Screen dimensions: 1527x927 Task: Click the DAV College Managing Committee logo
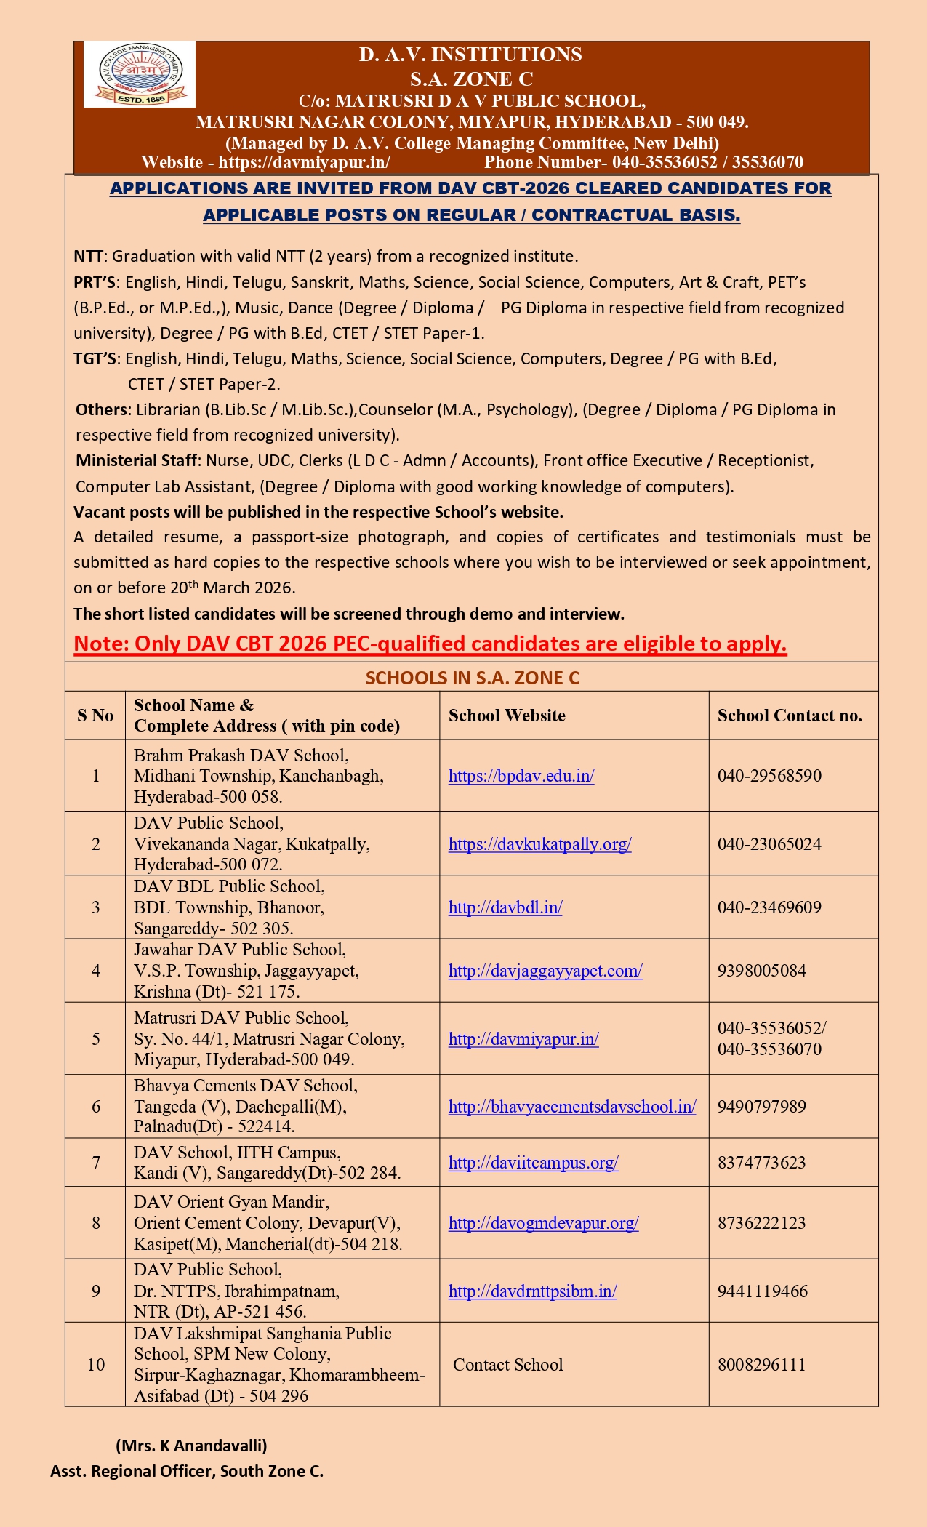(x=140, y=75)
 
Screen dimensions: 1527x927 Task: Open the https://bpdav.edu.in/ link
(x=521, y=776)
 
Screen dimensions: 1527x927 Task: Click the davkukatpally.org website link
(x=539, y=844)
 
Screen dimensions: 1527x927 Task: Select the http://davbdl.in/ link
(x=505, y=907)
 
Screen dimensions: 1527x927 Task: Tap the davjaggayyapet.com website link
(x=545, y=971)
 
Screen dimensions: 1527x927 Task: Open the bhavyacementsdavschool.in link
(x=572, y=1107)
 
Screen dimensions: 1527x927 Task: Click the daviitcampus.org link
(x=533, y=1163)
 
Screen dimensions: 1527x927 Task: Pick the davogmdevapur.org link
(x=543, y=1223)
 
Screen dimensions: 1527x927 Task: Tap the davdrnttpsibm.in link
(x=532, y=1291)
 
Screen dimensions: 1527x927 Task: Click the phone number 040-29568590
(x=769, y=776)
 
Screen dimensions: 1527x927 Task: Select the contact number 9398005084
(x=761, y=971)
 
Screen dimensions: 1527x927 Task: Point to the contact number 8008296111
(x=761, y=1365)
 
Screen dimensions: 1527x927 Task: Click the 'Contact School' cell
(x=508, y=1365)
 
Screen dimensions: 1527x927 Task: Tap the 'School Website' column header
(x=507, y=716)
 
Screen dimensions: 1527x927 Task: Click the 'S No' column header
(x=95, y=716)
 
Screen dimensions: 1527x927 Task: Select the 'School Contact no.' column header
(x=790, y=716)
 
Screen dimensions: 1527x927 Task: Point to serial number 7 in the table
(x=95, y=1163)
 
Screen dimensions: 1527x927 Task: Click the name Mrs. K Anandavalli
(x=191, y=1446)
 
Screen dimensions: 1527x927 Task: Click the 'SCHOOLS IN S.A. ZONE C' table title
(x=472, y=678)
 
